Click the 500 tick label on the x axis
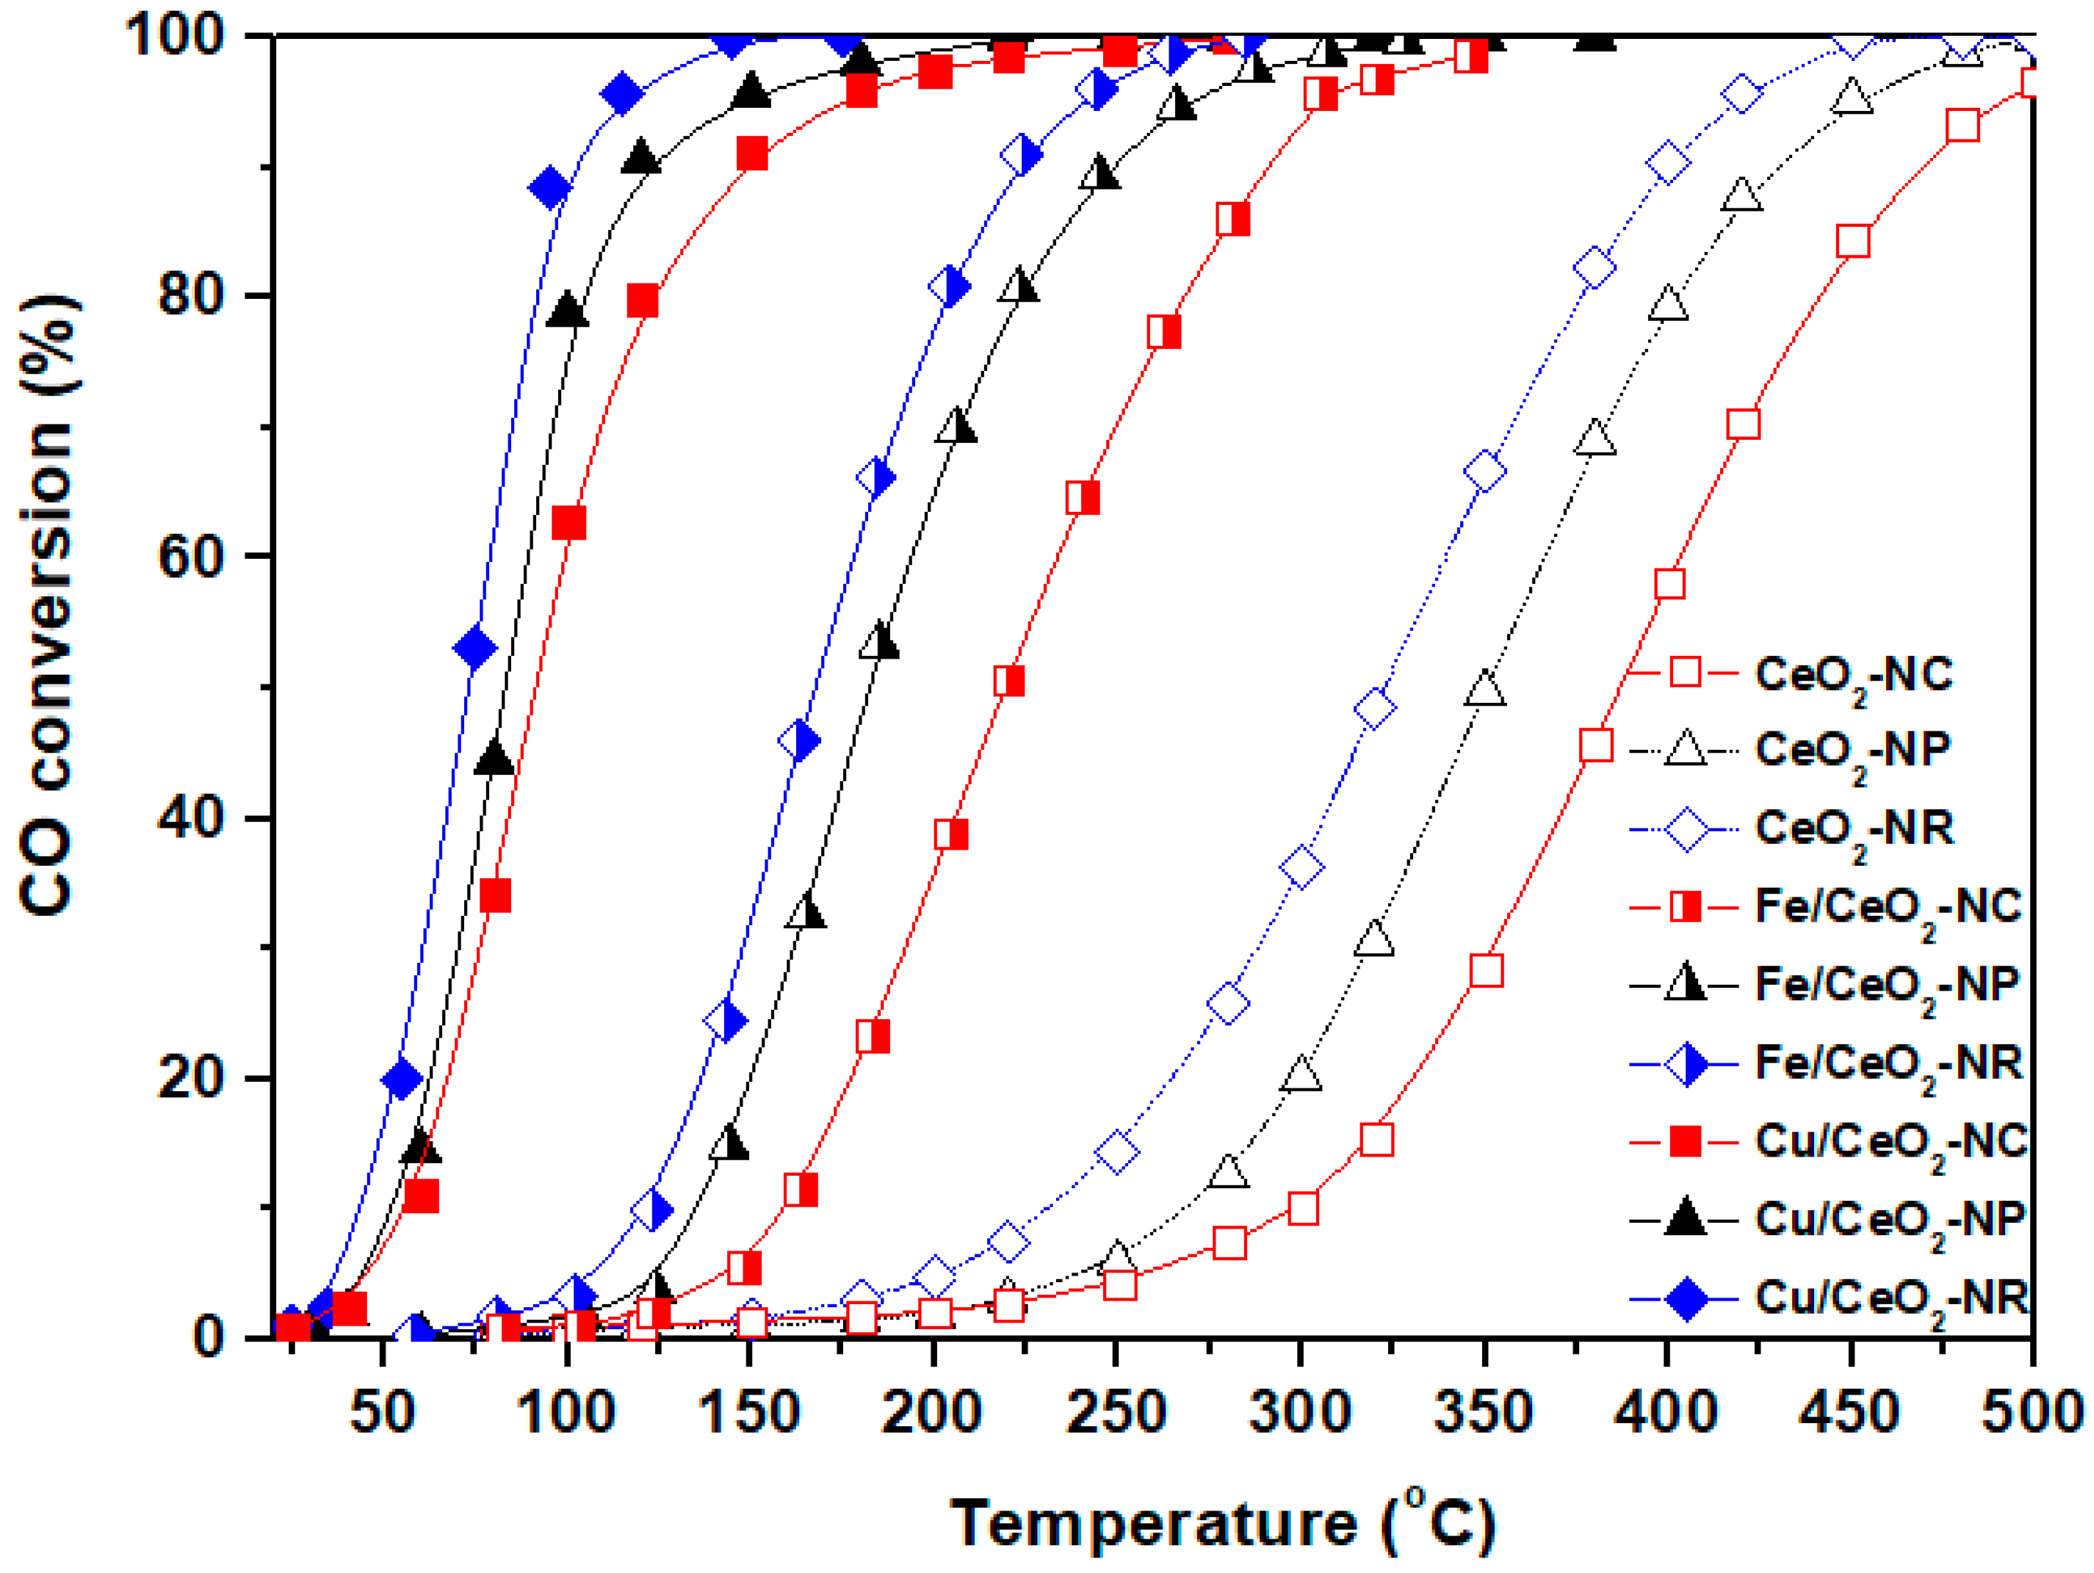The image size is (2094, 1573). click(x=2032, y=1412)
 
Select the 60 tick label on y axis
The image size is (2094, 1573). click(x=190, y=557)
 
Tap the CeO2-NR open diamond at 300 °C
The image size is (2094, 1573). click(x=1301, y=867)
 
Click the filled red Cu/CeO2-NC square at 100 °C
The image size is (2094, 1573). click(x=568, y=522)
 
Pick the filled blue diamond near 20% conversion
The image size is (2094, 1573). click(x=401, y=1078)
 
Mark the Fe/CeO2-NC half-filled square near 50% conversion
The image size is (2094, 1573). click(x=1009, y=681)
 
